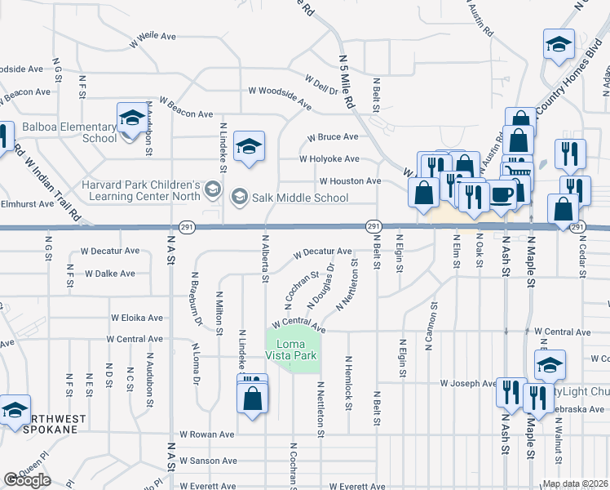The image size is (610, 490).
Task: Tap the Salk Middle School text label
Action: tap(301, 198)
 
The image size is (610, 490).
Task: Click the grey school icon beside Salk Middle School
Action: tap(239, 196)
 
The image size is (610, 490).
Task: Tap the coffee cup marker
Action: tap(502, 194)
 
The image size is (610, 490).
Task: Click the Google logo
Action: tap(27, 480)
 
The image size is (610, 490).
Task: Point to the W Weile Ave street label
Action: tap(152, 37)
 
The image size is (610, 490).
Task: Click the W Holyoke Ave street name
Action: tap(329, 159)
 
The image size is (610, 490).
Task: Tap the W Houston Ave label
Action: tap(350, 180)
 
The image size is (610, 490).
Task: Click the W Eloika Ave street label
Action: tap(137, 318)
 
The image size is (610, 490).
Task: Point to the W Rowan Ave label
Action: tap(207, 434)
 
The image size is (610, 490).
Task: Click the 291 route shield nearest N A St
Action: tap(185, 226)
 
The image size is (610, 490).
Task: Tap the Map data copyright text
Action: tap(576, 483)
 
